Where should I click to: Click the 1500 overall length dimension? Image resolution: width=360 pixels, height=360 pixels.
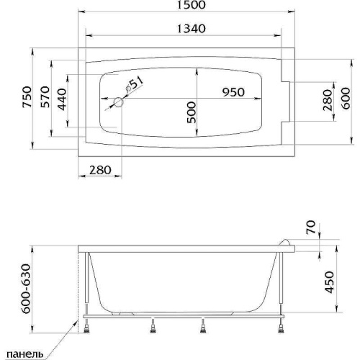click(x=192, y=5)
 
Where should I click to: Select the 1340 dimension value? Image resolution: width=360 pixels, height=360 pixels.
click(x=192, y=29)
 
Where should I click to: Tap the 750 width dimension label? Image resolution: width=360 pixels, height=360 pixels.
click(x=27, y=96)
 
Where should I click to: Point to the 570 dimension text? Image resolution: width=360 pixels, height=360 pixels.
click(x=45, y=96)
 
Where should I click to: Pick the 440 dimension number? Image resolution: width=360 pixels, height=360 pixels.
click(x=62, y=99)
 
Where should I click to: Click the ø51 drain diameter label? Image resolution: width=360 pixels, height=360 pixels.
click(x=134, y=84)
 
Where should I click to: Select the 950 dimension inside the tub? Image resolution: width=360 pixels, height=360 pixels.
click(x=233, y=92)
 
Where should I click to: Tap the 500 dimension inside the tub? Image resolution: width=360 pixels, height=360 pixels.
click(x=192, y=112)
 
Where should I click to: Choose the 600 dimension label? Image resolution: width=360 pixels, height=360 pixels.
click(x=346, y=99)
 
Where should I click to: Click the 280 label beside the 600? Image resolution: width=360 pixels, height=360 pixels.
click(x=328, y=100)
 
